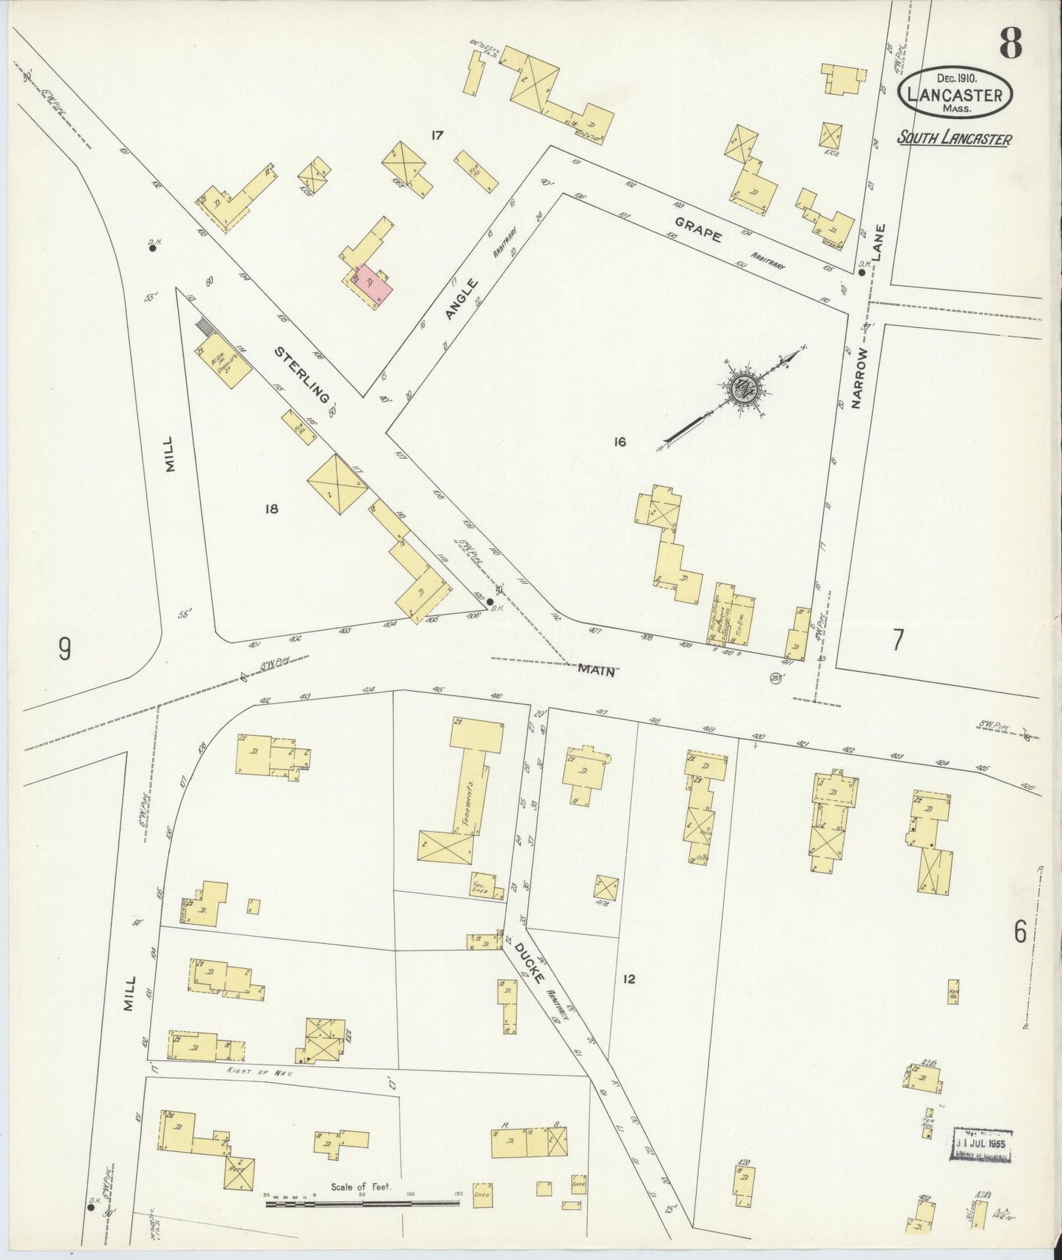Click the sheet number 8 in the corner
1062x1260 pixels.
click(x=1011, y=45)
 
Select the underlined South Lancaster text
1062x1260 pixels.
click(x=953, y=138)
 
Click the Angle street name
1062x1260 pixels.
click(x=460, y=299)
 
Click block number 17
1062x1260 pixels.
click(x=439, y=135)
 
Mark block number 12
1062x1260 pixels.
click(x=628, y=978)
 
